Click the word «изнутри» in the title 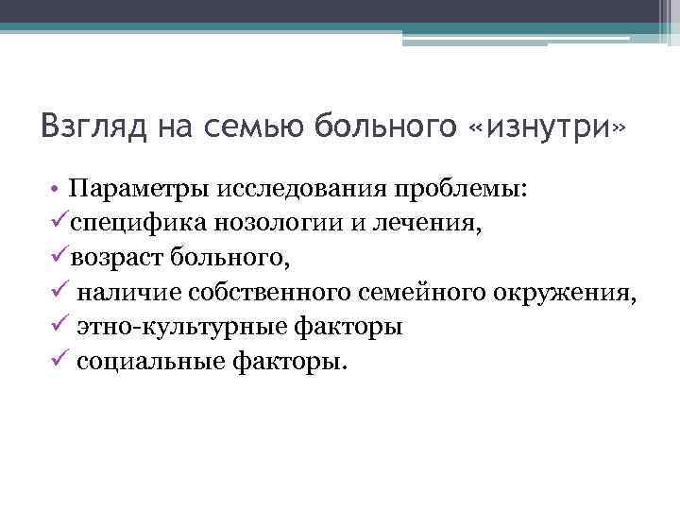548,126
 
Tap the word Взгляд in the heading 89,127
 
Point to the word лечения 382,223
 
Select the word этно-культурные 182,328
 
